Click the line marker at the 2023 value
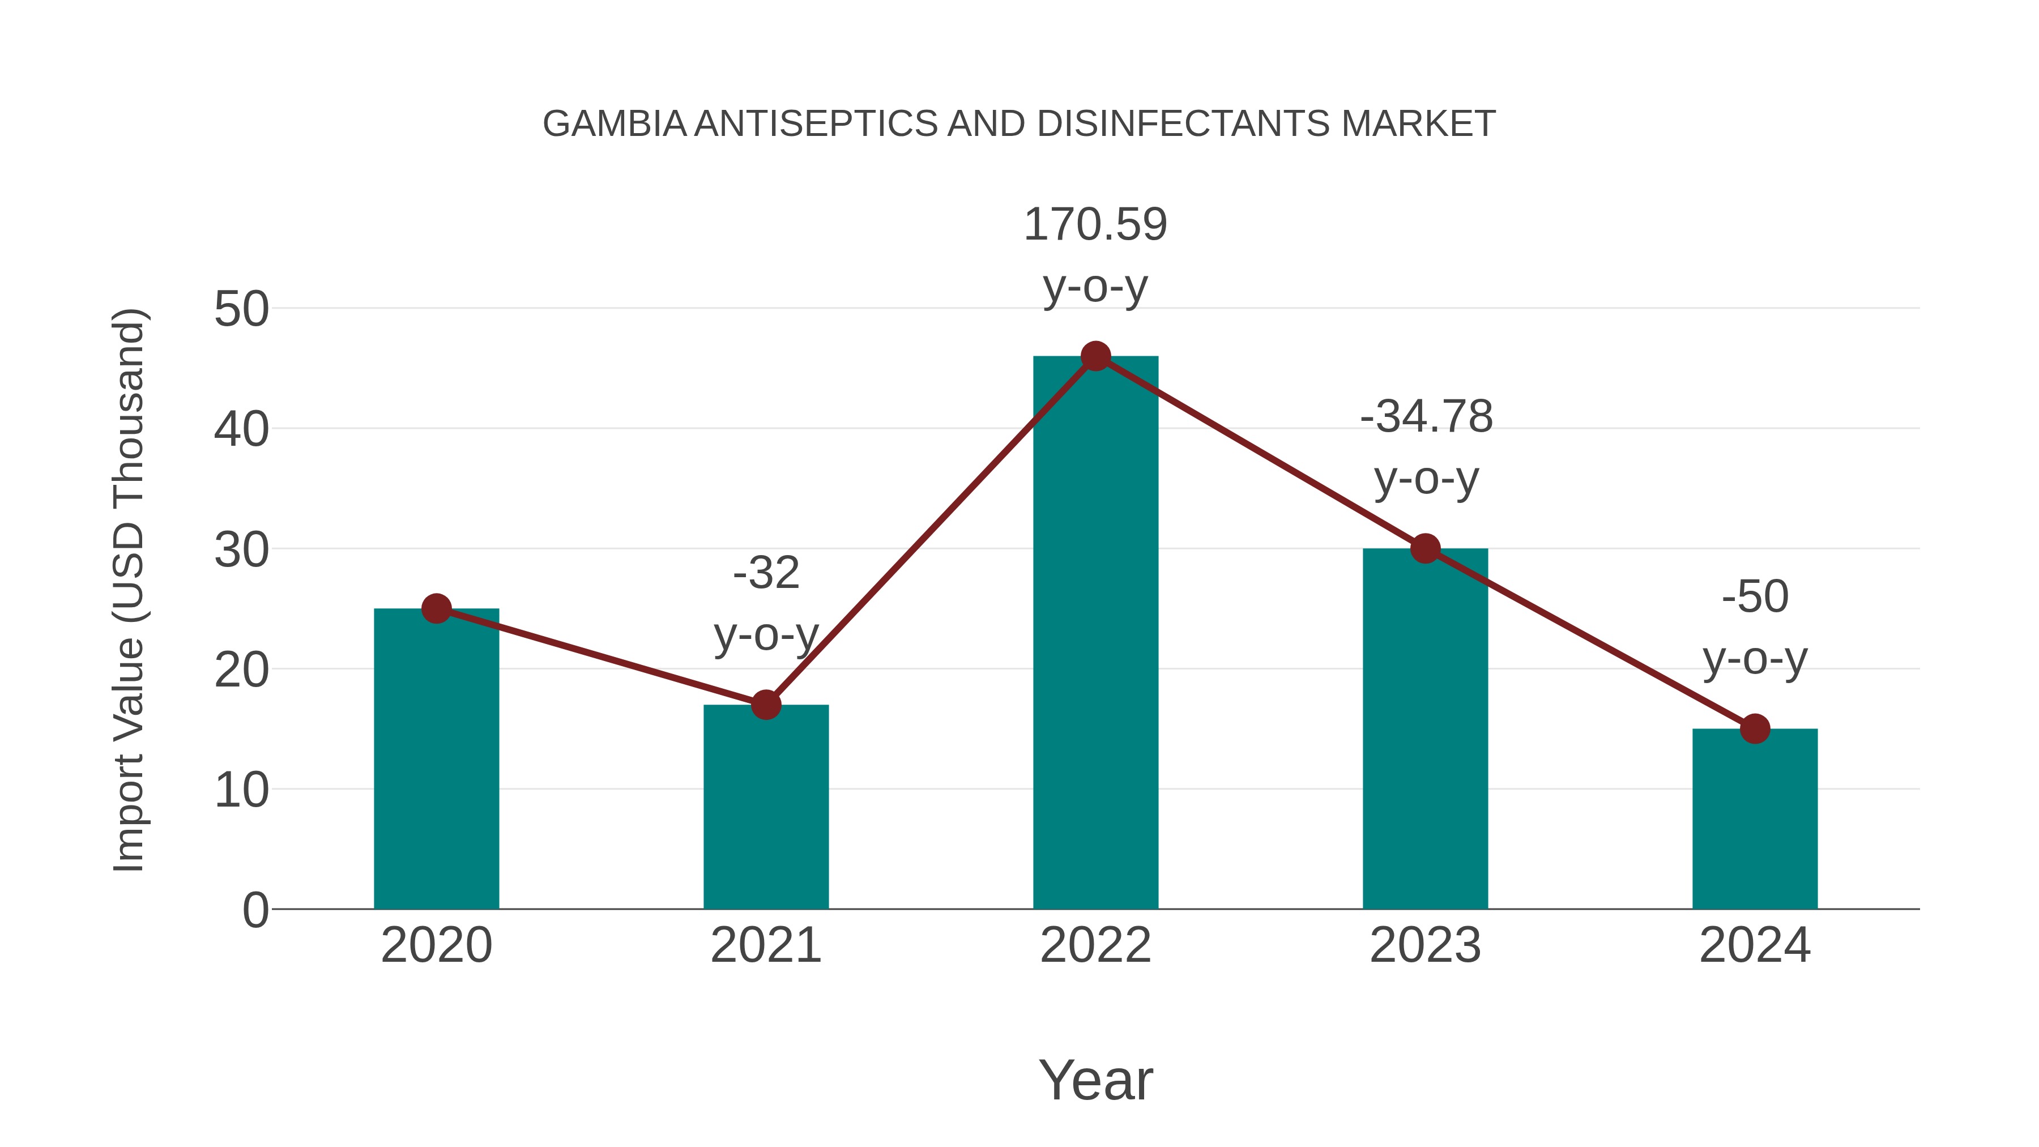coord(1425,548)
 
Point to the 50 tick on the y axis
coord(241,309)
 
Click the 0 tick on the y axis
coord(255,910)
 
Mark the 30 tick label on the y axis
coord(241,550)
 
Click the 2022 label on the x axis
coord(1095,945)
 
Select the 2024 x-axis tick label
coord(1755,945)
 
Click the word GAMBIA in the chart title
coord(614,124)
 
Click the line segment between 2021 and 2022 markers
coord(931,530)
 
